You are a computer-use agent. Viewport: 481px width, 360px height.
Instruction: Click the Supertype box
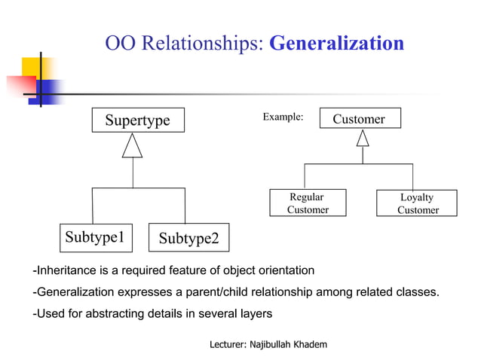(x=137, y=121)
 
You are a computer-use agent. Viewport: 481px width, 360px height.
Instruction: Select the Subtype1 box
(x=94, y=237)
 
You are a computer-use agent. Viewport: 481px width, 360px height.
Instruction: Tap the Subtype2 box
(x=188, y=238)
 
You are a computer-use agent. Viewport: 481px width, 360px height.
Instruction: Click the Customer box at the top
(x=359, y=119)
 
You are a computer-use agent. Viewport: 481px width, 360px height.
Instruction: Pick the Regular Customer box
(x=307, y=203)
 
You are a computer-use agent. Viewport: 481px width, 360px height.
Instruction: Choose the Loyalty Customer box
(x=417, y=203)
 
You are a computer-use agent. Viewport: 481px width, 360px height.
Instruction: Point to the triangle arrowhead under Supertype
(x=133, y=147)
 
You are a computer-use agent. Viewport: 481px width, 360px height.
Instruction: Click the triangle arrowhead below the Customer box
(x=363, y=139)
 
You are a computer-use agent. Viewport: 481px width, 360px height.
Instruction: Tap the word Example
(x=282, y=117)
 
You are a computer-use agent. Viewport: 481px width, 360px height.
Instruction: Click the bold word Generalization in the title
(x=336, y=43)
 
